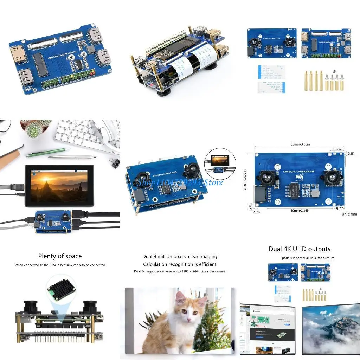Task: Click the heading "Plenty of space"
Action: pos(60,256)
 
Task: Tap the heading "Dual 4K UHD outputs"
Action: pos(300,249)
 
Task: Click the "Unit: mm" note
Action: pos(349,214)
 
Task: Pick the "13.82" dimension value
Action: pos(337,149)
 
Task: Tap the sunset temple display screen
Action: pos(58,186)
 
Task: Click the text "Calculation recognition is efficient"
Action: pos(180,264)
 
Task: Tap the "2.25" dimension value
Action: pos(256,212)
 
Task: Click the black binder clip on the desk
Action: pos(115,162)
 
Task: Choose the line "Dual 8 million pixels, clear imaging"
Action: pos(180,256)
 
